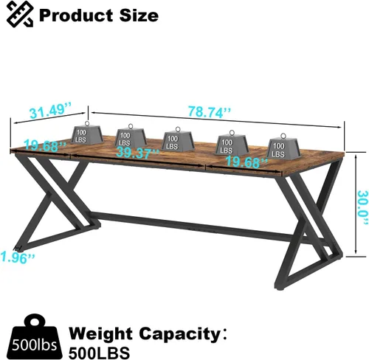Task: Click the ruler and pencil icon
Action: coord(20,14)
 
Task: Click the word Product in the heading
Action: coord(77,15)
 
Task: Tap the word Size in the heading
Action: coord(139,15)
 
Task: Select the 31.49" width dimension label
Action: coord(50,111)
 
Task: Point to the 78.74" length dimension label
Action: coord(210,111)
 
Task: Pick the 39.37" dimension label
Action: coord(137,153)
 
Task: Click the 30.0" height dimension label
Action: coord(363,207)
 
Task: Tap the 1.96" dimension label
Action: coord(17,257)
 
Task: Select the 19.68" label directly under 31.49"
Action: coord(45,146)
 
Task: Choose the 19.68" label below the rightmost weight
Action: coord(246,162)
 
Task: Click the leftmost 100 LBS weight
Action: coord(87,133)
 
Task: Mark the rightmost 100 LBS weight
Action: coord(283,146)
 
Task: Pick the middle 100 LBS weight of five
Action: coord(178,139)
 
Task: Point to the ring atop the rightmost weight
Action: coord(283,136)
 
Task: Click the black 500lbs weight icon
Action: coord(34,336)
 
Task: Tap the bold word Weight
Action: coord(101,335)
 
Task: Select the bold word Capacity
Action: coord(179,335)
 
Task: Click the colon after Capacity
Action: coord(224,335)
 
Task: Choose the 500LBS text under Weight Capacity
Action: coord(99,353)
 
